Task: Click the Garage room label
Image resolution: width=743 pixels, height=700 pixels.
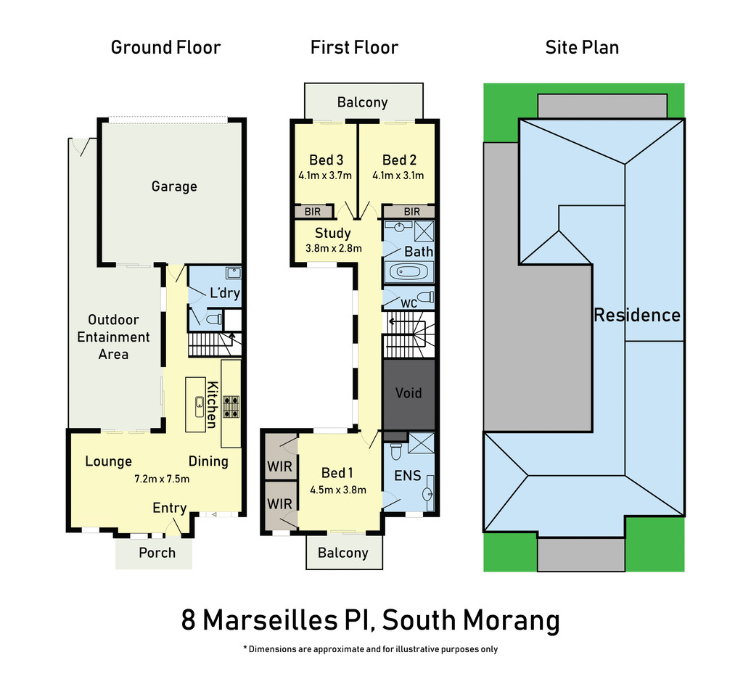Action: pos(174,186)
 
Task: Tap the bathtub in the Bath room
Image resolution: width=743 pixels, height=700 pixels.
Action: pos(408,272)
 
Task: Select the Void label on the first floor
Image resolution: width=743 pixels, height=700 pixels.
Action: pos(409,392)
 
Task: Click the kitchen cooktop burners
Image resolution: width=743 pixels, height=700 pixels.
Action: pos(231,407)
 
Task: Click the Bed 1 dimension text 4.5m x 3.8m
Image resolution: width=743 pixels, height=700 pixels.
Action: pos(338,490)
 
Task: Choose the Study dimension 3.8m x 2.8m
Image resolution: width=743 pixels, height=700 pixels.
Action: pos(334,248)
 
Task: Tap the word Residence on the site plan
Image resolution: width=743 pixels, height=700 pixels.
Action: pos(637,315)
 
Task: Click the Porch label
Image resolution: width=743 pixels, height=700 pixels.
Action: pos(157,553)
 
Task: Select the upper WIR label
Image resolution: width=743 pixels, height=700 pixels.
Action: pos(279,466)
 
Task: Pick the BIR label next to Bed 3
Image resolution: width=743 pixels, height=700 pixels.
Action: pos(312,212)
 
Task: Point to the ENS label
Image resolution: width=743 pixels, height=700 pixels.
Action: pos(408,475)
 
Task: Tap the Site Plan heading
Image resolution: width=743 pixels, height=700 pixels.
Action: pos(582,47)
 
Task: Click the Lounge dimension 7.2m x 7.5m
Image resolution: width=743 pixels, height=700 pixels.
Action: pos(162,479)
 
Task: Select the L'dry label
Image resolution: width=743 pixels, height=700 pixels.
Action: pos(225,292)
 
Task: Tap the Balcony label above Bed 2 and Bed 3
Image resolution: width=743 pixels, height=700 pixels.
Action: pos(363,102)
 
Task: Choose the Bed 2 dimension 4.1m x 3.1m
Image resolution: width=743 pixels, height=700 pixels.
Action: pos(398,176)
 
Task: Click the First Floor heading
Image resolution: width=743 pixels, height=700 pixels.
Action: pos(354,47)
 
